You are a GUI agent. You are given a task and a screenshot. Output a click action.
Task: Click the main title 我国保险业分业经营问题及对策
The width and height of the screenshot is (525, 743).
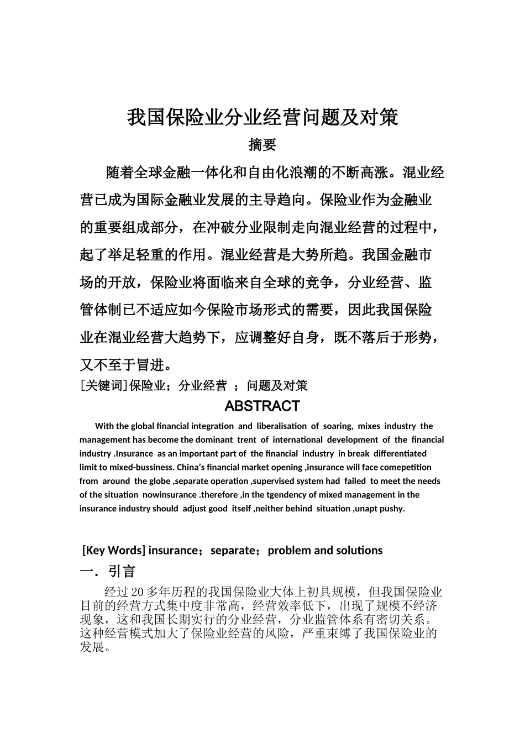coord(262,117)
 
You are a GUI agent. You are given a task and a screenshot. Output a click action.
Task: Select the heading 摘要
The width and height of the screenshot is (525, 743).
coord(262,145)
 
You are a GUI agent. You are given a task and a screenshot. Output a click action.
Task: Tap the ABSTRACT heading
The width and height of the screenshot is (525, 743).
coord(262,406)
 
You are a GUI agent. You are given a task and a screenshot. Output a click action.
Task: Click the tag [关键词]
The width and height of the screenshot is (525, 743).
coord(104,386)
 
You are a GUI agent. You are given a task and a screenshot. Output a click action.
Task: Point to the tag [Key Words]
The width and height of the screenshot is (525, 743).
coord(114,550)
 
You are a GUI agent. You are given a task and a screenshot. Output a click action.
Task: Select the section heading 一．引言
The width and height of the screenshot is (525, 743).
coord(108,571)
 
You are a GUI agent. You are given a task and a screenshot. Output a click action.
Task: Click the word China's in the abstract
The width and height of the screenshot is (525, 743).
coord(191,467)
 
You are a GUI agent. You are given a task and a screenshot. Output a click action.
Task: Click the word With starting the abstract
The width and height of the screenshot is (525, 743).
coord(104,426)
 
